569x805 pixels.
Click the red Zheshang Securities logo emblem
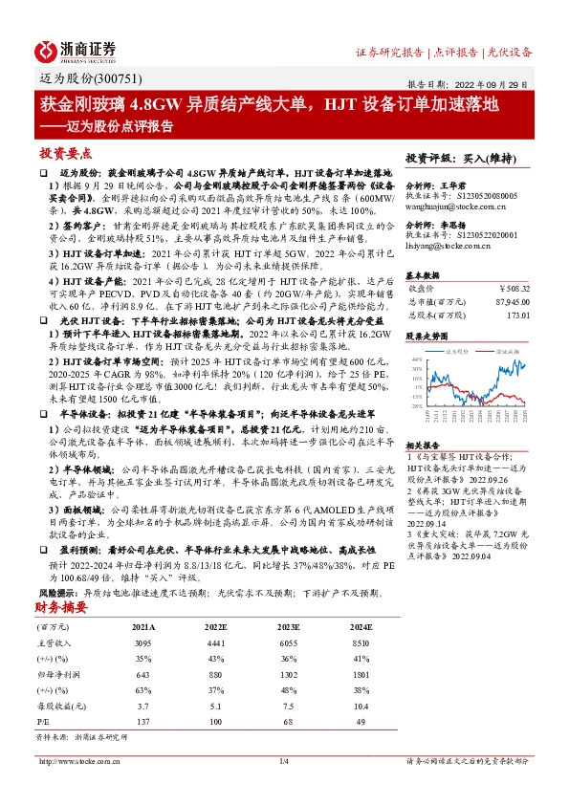pos(44,51)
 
